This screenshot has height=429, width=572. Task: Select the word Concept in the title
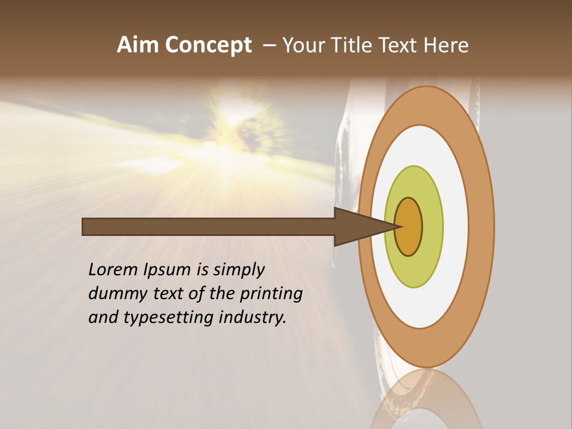[x=208, y=45]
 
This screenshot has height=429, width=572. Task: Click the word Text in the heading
[x=400, y=45]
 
